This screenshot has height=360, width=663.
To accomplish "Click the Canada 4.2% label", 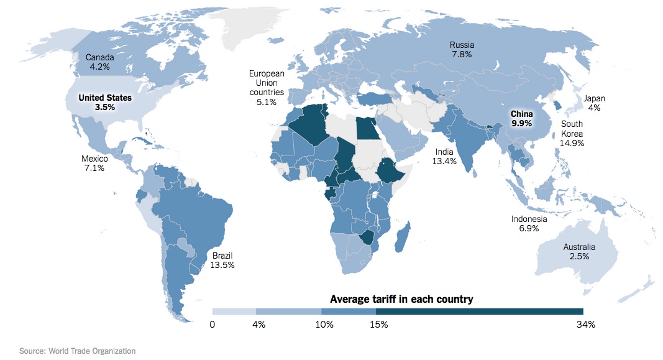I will pos(99,61).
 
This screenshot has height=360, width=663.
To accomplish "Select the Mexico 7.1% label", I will pos(94,163).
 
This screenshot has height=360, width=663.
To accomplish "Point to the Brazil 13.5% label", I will pos(222,260).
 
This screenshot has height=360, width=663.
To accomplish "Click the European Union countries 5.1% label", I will pos(266,88).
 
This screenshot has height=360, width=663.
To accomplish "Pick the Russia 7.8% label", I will pos(462,49).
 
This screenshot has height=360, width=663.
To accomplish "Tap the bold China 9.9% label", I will pos(521,119).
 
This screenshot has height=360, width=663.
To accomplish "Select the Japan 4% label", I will pos(593,103).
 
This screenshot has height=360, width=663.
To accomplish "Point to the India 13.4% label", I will pos(444,156).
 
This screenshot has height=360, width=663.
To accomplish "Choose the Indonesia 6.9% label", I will pos(529,223).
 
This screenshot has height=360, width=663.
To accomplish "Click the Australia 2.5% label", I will pos(578,251).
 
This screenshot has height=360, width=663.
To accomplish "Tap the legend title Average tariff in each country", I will pos(401,299).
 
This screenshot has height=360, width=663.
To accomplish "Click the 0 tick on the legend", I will pos(213,324).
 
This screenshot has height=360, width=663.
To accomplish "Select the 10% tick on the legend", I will pos(324,324).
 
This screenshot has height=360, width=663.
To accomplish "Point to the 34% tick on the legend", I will pos(585,324).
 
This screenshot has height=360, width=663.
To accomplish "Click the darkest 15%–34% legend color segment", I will pos(479,311).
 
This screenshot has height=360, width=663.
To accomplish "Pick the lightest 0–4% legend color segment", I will pos(234,311).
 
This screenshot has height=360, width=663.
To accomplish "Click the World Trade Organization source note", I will pos(77,351).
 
